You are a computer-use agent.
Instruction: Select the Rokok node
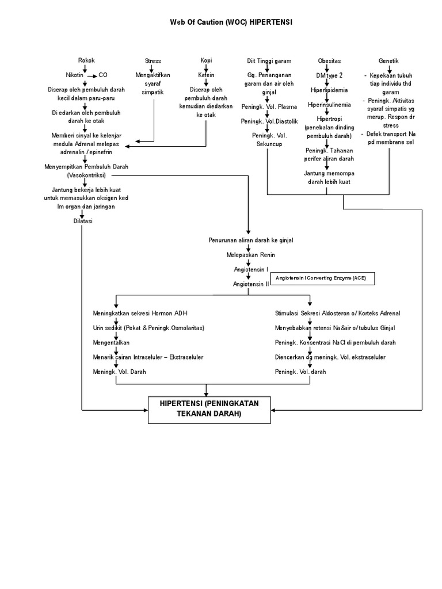click(86, 60)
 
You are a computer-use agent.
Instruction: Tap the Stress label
click(153, 60)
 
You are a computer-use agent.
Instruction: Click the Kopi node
click(206, 60)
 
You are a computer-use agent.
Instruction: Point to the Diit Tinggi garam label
click(269, 60)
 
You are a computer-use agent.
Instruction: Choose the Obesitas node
click(329, 60)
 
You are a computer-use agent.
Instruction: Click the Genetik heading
click(388, 60)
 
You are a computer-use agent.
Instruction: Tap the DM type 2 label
click(329, 75)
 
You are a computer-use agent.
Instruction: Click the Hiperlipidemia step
click(329, 90)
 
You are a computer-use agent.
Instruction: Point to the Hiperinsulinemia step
click(329, 105)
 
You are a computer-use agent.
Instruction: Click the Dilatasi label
click(83, 221)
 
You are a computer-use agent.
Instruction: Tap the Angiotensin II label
click(250, 284)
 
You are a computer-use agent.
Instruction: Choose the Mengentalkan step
click(110, 342)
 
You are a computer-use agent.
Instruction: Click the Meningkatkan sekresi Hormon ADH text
click(140, 313)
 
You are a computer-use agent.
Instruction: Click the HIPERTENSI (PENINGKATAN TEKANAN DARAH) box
click(209, 408)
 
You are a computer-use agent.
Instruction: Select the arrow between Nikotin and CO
click(90, 75)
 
